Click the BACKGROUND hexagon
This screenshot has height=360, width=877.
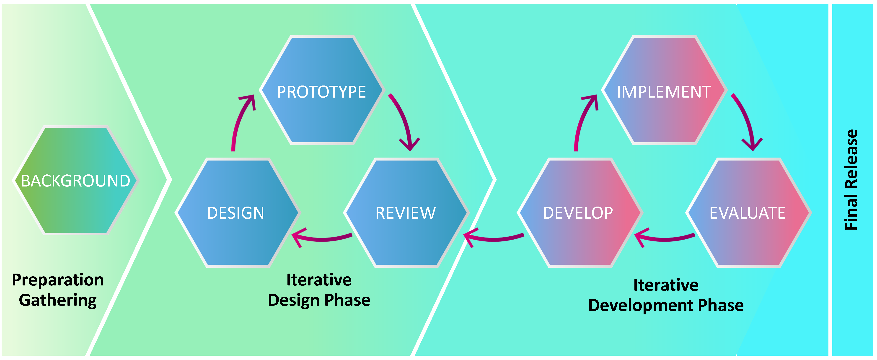[x=75, y=181]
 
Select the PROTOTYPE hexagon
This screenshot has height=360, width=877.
[x=321, y=91]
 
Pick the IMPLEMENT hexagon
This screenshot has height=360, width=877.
[x=664, y=91]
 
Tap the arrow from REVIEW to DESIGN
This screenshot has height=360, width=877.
[x=322, y=238]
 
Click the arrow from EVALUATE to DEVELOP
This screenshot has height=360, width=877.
[x=664, y=238]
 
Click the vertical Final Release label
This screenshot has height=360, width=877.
[x=851, y=180]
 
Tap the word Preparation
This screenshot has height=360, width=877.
[x=58, y=280]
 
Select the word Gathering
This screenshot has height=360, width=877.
[x=58, y=300]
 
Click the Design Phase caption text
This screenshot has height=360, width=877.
[x=319, y=300]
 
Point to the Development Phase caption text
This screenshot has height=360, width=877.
[x=666, y=305]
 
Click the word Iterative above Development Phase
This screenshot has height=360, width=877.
[x=666, y=285]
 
